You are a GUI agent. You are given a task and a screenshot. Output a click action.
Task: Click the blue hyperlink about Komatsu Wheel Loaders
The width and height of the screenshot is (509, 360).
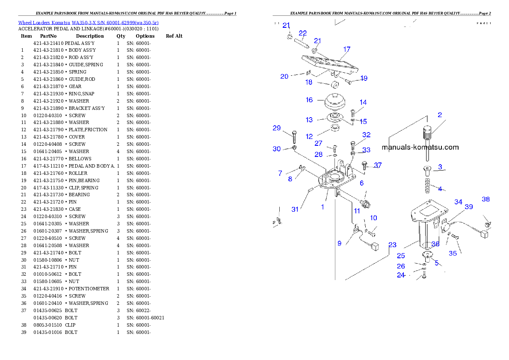point(88,23)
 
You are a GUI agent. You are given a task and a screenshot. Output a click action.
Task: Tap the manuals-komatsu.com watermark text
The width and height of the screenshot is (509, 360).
point(420,148)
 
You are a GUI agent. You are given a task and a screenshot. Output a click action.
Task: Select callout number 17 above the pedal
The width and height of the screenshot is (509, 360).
point(346,49)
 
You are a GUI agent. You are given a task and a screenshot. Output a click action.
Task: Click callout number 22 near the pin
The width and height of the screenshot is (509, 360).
point(302,33)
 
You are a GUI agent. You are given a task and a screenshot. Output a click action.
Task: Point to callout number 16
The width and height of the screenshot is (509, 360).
point(309,100)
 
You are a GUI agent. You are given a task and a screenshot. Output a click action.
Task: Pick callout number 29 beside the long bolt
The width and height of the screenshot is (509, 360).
point(277,128)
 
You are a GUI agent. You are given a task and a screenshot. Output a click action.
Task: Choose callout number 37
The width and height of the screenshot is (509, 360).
point(378,165)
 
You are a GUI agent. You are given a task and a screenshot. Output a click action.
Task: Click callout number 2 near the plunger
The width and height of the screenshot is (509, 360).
point(439,115)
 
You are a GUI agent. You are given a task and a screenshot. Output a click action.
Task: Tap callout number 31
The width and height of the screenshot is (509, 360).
point(295,209)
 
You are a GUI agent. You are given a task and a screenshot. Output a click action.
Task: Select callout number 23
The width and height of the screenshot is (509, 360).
point(392,245)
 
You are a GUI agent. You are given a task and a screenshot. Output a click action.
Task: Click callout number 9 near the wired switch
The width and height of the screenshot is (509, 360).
point(339,243)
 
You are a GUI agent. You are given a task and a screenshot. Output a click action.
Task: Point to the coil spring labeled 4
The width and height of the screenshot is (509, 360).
point(427,186)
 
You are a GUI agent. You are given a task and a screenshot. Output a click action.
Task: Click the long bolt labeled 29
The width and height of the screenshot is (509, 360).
point(294,137)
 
